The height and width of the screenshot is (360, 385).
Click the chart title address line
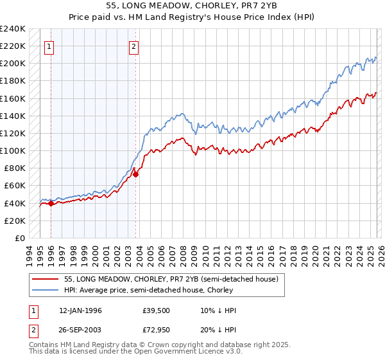193,6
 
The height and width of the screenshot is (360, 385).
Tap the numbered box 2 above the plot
134,46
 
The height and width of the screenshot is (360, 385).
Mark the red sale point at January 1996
51,204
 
